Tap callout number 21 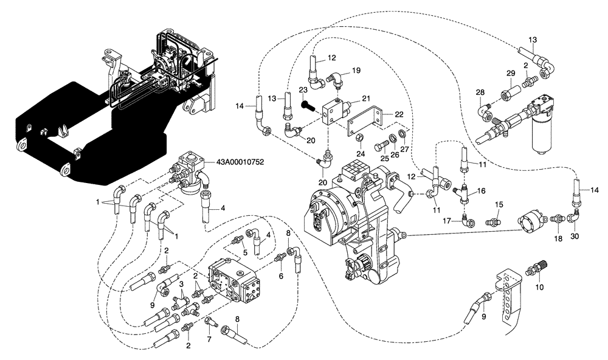click(x=366, y=98)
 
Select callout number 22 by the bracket click(x=399, y=114)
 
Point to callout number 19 click(x=356, y=70)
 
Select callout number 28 click(x=481, y=92)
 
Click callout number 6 click(x=280, y=275)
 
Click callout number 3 click(x=181, y=283)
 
